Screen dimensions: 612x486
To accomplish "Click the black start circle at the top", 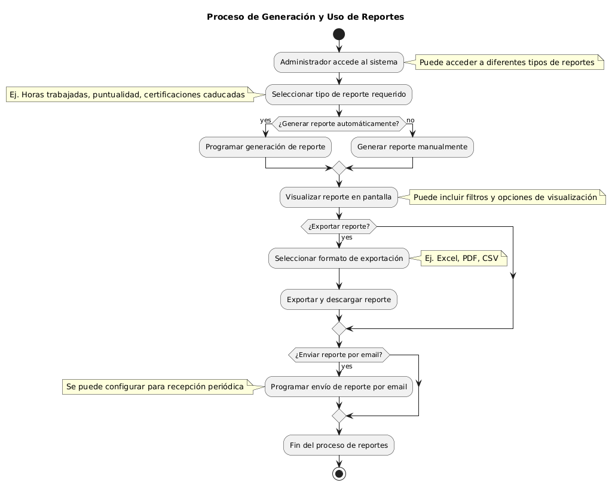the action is [x=339, y=34].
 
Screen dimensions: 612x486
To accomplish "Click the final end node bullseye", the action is [x=339, y=473].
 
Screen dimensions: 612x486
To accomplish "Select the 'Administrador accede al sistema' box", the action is [x=339, y=63].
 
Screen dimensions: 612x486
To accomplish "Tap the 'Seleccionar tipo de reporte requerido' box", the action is [x=339, y=94].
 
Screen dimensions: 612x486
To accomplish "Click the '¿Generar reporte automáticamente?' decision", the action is [x=339, y=124].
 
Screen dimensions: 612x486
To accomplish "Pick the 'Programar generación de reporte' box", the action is [x=265, y=147].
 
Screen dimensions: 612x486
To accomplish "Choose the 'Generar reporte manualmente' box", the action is [x=412, y=147].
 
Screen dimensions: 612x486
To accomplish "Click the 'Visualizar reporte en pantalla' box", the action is [x=339, y=197].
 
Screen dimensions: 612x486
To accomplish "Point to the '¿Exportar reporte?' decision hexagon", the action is [x=339, y=227].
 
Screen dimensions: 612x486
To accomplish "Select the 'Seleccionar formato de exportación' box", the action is [x=339, y=258].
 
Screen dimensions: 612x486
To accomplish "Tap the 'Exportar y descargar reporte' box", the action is [x=339, y=300].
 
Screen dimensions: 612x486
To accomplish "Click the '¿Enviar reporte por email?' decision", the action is [x=339, y=355].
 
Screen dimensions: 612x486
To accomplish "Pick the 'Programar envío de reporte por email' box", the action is [x=339, y=386].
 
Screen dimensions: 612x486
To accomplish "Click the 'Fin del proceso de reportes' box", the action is [x=339, y=445].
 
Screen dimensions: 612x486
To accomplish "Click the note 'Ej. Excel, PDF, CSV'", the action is [x=464, y=258].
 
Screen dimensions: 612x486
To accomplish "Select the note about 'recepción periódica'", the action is [x=158, y=387].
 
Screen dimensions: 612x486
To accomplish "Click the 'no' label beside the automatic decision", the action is [x=410, y=121].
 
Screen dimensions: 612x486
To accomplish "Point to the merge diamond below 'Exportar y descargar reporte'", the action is [x=339, y=329].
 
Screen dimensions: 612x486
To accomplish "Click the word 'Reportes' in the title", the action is [x=382, y=17].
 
